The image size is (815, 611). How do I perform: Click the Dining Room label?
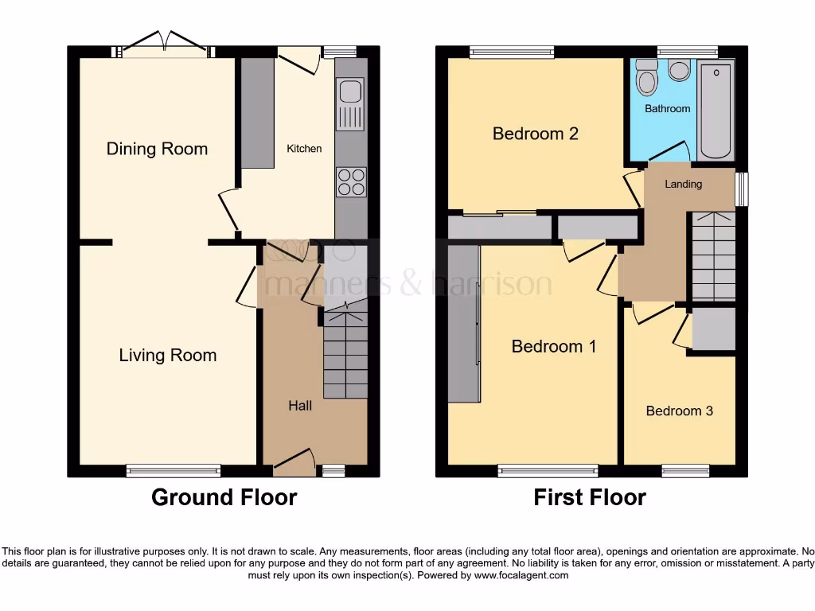pos(157,149)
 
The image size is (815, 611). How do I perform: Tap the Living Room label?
pos(167,355)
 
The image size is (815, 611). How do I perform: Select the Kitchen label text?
pos(304,149)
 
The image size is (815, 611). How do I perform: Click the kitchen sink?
pos(350,103)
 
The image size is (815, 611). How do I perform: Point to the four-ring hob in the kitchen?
pos(350,181)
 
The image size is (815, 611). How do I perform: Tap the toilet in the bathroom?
pos(647,80)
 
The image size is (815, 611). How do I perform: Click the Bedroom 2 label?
pos(535,134)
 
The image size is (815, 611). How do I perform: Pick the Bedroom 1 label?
pos(553,346)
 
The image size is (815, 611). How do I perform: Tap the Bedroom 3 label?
pos(679,411)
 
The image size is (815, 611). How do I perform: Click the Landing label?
pos(683,185)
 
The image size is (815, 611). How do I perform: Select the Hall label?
pos(299,406)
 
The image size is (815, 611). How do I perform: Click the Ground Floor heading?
pos(224,498)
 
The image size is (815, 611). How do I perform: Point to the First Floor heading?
pos(589,498)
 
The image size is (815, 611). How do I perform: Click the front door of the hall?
pos(293,461)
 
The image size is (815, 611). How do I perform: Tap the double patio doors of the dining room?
pos(166,44)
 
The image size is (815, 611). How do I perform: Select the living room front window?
pos(173,471)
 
